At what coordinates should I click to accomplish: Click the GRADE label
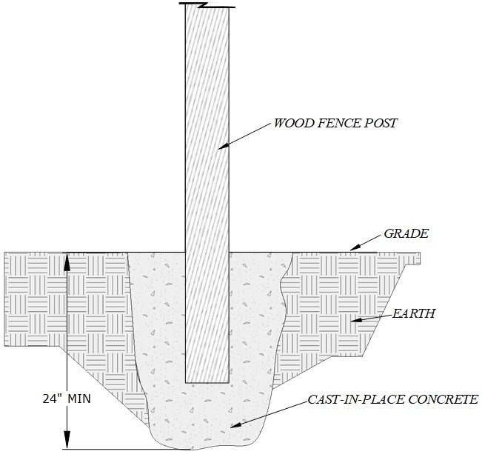[406, 234]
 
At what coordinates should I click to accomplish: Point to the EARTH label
[415, 313]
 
